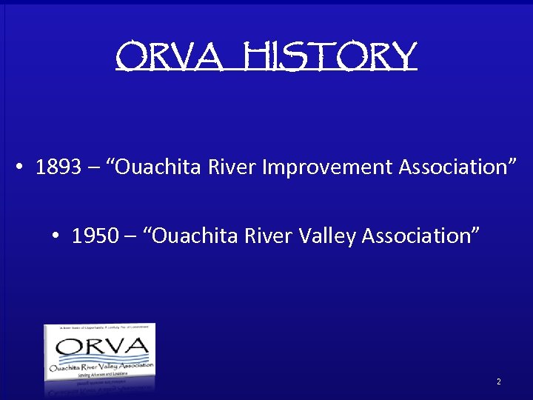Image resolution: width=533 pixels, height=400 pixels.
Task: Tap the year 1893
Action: point(58,167)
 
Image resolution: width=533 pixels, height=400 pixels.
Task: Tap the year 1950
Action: point(95,236)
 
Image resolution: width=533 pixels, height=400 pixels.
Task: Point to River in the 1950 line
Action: point(270,236)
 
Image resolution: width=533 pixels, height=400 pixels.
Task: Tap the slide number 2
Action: point(498,381)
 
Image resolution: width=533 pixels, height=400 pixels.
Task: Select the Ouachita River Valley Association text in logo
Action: point(101,366)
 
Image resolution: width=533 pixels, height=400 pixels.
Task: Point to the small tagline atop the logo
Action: point(99,327)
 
